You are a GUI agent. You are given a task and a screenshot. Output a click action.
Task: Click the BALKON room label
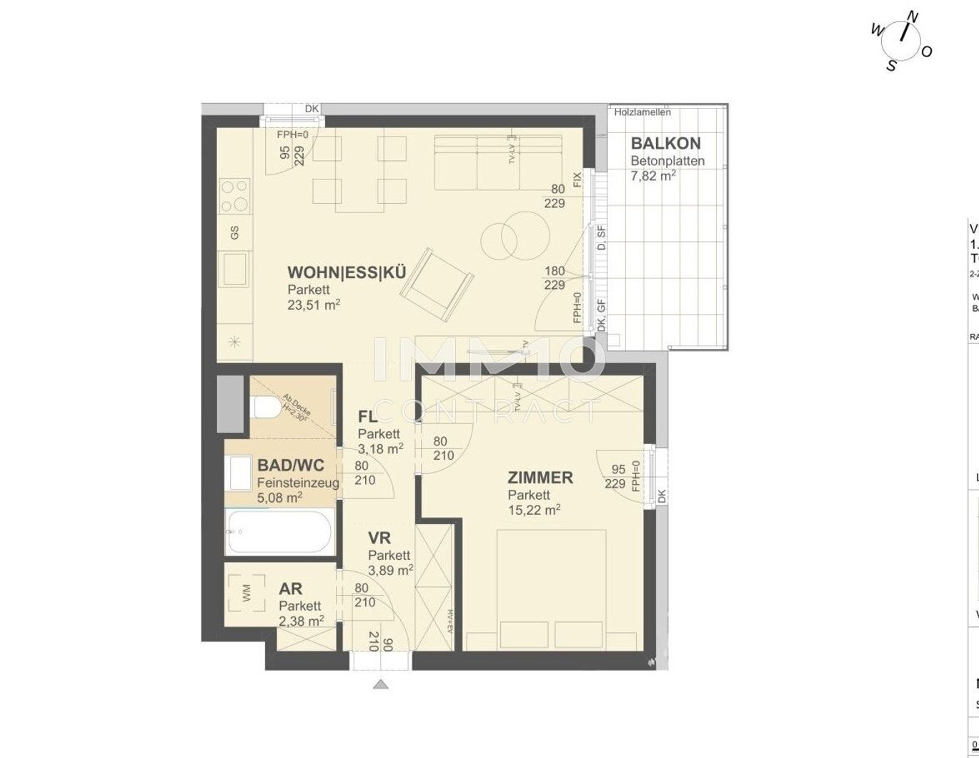coord(665,143)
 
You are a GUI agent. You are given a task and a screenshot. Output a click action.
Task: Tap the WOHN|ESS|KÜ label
coord(347,272)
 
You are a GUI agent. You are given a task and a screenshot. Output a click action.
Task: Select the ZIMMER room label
coord(540,477)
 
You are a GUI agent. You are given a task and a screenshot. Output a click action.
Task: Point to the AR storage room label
coord(291,589)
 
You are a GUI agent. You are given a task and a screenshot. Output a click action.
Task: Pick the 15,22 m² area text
coord(534,511)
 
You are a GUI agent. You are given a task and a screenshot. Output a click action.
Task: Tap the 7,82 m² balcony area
coord(653,176)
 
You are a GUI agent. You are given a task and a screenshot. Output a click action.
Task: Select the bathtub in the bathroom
coord(278,531)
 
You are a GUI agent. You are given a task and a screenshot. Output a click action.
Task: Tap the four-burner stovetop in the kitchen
coord(234,195)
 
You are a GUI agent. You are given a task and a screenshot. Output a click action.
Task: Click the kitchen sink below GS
coord(234,269)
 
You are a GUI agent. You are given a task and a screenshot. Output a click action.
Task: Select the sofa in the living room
coord(499,162)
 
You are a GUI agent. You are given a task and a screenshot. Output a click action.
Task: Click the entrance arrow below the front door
coord(381,684)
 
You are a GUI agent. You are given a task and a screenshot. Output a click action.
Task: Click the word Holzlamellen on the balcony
coord(642,112)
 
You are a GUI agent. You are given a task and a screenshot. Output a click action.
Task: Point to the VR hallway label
coord(379,538)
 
